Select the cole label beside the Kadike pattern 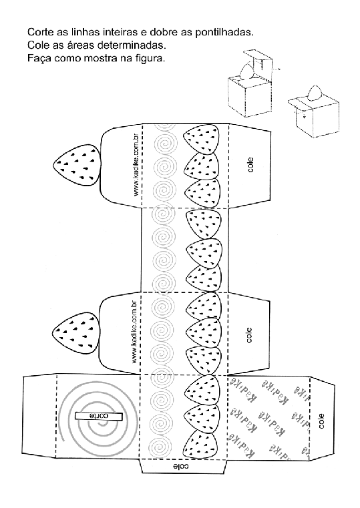tap(321, 421)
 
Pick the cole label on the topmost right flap tap(250, 165)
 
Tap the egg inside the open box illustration tap(247, 72)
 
